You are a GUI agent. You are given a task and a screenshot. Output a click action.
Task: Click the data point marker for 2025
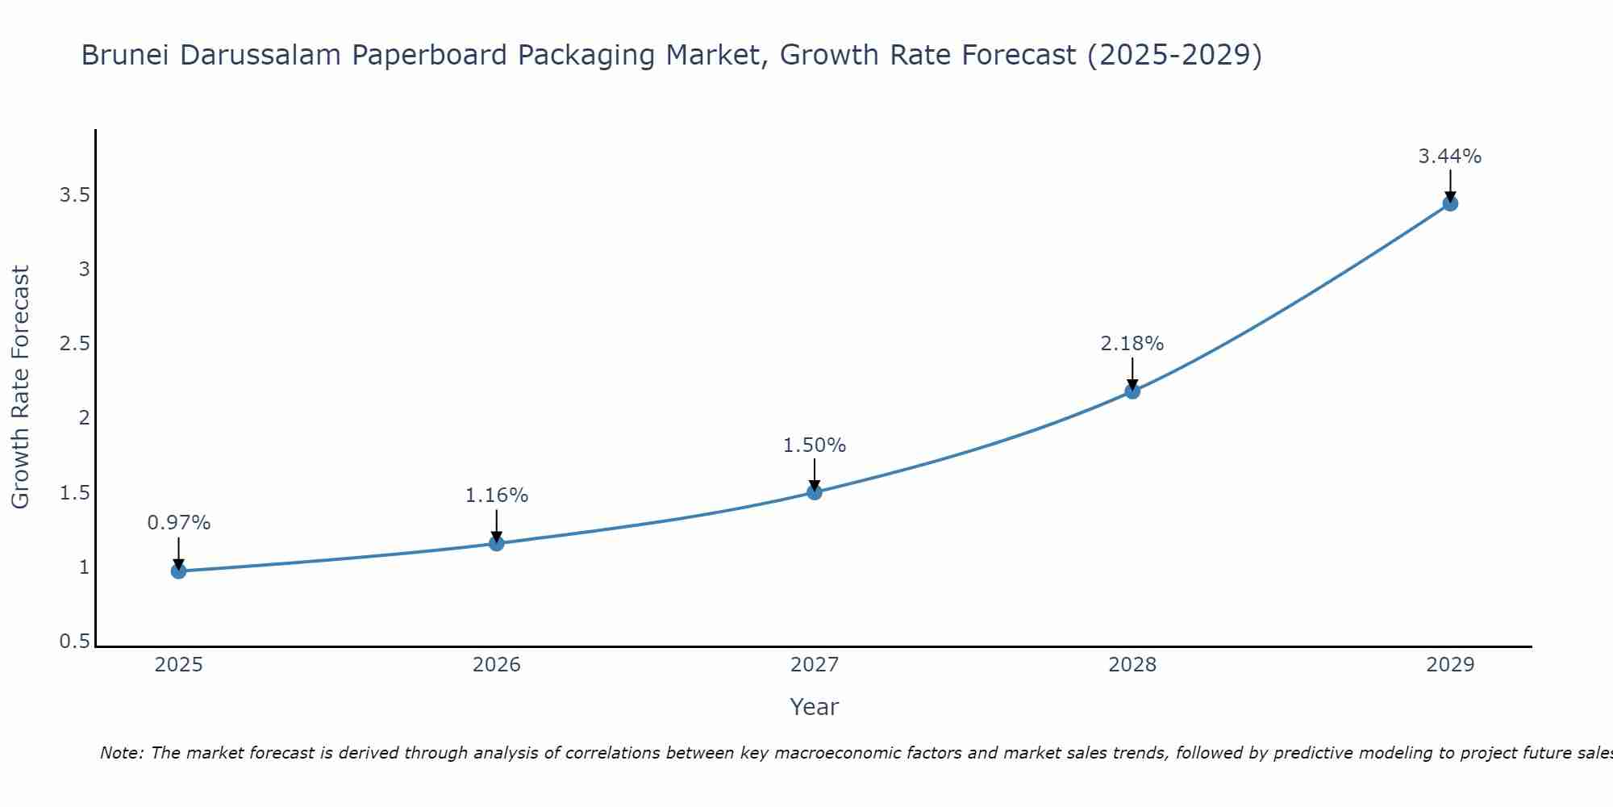tap(178, 571)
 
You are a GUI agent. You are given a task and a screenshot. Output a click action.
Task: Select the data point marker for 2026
tap(497, 543)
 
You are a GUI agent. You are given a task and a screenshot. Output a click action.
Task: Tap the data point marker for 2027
tap(815, 492)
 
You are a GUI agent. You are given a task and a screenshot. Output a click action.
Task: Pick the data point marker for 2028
tap(1132, 391)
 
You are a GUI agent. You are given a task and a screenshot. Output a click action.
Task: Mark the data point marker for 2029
tap(1450, 203)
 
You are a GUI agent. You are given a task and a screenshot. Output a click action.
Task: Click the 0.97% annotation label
tap(178, 523)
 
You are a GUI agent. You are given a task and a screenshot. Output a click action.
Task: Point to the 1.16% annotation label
tap(497, 495)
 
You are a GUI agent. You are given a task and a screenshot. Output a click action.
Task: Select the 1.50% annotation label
tap(815, 445)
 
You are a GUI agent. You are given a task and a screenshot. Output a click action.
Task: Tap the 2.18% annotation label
tap(1132, 344)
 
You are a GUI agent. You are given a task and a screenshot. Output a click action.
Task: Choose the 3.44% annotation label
tap(1450, 157)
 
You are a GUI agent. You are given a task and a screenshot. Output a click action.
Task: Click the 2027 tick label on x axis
tap(815, 665)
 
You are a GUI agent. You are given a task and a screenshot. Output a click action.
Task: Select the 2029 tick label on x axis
tap(1450, 665)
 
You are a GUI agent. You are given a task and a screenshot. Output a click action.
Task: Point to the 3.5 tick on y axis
tap(74, 195)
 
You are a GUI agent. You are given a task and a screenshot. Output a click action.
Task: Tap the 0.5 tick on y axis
tap(74, 642)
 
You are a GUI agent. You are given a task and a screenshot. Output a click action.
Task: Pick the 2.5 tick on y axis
tap(74, 344)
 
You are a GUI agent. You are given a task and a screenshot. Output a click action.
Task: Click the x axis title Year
tap(815, 707)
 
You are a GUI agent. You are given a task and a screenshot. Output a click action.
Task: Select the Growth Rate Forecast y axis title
tap(21, 387)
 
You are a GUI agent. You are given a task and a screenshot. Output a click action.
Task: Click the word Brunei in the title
tap(125, 56)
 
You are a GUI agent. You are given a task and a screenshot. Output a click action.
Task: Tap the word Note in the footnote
tap(121, 753)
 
